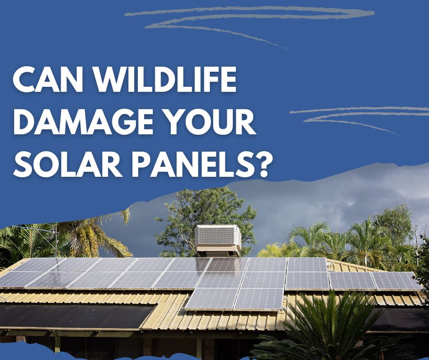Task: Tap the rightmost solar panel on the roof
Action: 396,281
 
